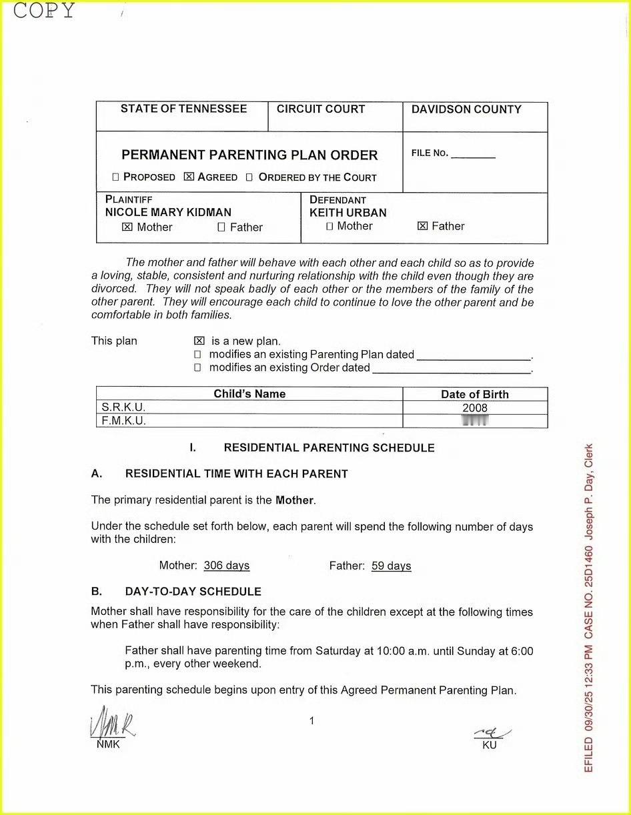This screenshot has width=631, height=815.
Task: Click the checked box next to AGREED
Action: pyautogui.click(x=189, y=177)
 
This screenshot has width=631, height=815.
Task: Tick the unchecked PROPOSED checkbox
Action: pyautogui.click(x=115, y=177)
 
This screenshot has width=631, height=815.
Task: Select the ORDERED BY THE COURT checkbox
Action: pyautogui.click(x=249, y=177)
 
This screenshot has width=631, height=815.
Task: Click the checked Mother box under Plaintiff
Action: pyautogui.click(x=127, y=227)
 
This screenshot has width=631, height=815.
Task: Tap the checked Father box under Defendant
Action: pyautogui.click(x=422, y=227)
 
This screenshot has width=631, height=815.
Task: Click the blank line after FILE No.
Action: pyautogui.click(x=473, y=156)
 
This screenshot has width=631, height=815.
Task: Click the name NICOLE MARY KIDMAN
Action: pyautogui.click(x=168, y=213)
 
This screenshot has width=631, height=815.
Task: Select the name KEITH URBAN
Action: pyautogui.click(x=348, y=213)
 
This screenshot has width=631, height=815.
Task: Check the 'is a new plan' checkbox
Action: pyautogui.click(x=198, y=341)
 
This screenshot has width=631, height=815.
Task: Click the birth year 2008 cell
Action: pyautogui.click(x=474, y=408)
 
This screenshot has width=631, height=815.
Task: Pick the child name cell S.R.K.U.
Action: pyautogui.click(x=124, y=407)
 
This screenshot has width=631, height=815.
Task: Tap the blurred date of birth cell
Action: pyautogui.click(x=475, y=421)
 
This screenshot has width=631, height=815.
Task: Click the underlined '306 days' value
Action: pyautogui.click(x=227, y=566)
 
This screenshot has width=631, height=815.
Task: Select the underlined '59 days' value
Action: pyautogui.click(x=392, y=566)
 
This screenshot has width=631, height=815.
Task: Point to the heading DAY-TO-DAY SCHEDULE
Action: pyautogui.click(x=193, y=592)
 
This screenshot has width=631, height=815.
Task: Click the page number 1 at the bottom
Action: pyautogui.click(x=311, y=720)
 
